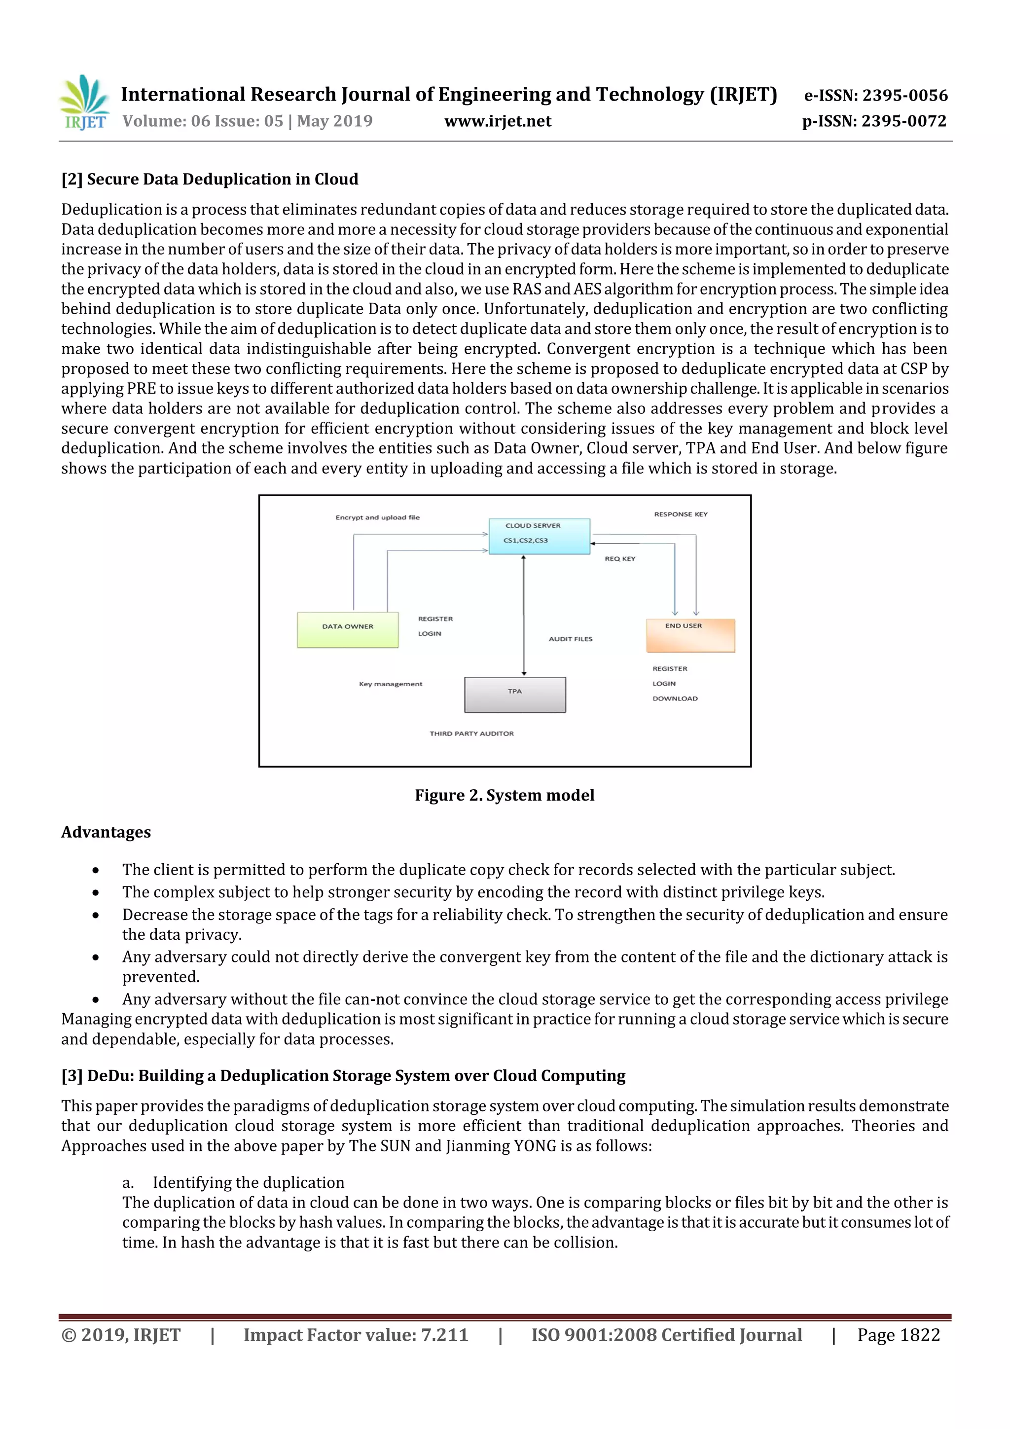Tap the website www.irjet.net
pyautogui.click(x=497, y=121)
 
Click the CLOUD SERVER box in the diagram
pyautogui.click(x=539, y=536)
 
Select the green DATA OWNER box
pyautogui.click(x=347, y=629)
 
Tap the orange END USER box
pyautogui.click(x=690, y=635)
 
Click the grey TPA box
pyautogui.click(x=515, y=694)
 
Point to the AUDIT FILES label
pyautogui.click(x=570, y=639)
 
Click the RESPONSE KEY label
pyautogui.click(x=680, y=514)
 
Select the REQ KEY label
pyautogui.click(x=620, y=558)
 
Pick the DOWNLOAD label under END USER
pyautogui.click(x=675, y=698)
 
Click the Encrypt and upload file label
pyautogui.click(x=377, y=517)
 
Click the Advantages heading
pyautogui.click(x=106, y=832)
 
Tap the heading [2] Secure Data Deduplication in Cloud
pyautogui.click(x=210, y=179)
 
